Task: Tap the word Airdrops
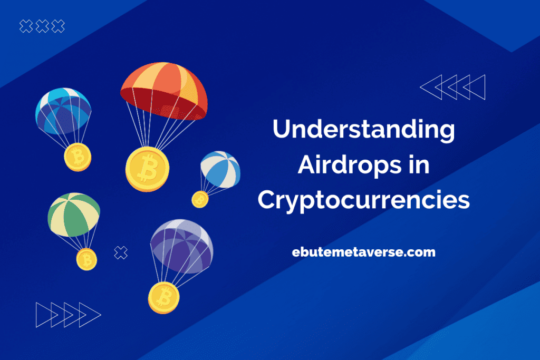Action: coord(350,164)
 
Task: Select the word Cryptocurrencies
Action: coord(364,201)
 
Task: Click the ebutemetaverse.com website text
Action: coord(364,252)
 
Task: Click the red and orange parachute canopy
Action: coord(164,91)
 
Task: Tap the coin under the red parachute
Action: coord(148,169)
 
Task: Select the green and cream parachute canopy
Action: coord(74,215)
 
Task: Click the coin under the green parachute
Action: coord(86,259)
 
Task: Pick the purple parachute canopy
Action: coord(182,246)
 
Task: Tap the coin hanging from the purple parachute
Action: coord(163,298)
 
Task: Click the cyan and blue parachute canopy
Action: coord(63,111)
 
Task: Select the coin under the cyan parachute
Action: coord(78,157)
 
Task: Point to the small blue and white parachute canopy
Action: coord(220,169)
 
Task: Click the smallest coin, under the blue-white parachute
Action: coord(200,200)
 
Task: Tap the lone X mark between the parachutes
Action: coord(121,252)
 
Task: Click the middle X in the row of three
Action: coord(42,26)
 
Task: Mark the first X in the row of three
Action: coord(26,26)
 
